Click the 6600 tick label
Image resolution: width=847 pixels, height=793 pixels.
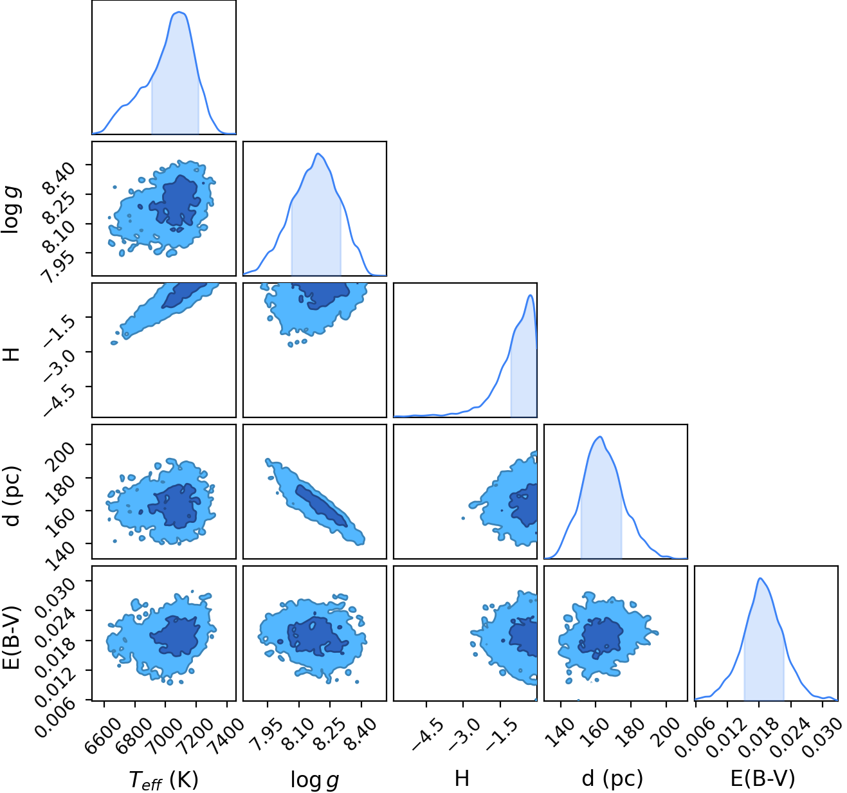click(x=103, y=731)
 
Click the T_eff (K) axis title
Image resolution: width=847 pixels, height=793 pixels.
click(x=163, y=779)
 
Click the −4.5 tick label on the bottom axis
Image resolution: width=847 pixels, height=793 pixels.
click(x=428, y=729)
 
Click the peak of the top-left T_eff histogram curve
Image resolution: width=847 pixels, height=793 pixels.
click(x=179, y=12)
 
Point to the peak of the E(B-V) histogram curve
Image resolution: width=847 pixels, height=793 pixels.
click(x=760, y=578)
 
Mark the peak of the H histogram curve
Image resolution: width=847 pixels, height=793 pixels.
click(x=530, y=295)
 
